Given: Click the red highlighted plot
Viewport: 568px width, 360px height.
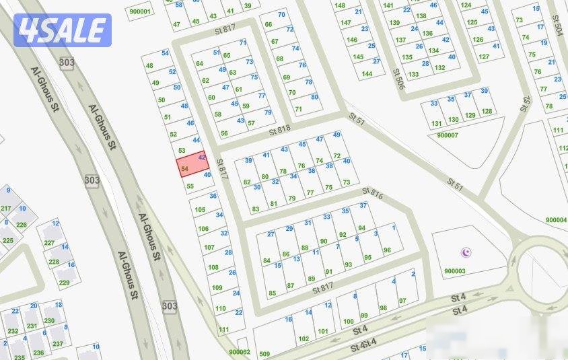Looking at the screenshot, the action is click(192, 165).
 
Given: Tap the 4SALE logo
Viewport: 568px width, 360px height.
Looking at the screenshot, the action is click(63, 30).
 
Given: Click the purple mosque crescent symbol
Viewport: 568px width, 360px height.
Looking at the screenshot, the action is click(465, 253).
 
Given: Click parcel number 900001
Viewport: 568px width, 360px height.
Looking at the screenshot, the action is click(140, 11).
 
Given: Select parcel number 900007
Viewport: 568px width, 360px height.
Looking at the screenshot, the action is click(447, 135).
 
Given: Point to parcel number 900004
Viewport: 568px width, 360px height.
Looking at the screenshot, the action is click(556, 220).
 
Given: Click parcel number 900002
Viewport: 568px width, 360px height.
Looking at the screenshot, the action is click(239, 351).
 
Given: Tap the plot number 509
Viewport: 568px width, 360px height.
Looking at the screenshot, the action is click(264, 354).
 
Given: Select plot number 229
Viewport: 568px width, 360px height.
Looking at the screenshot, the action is click(64, 283).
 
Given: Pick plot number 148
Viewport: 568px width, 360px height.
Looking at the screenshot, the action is click(340, 5).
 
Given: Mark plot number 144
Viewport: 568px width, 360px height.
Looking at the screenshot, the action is click(367, 73).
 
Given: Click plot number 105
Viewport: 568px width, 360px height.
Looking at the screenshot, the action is click(200, 210).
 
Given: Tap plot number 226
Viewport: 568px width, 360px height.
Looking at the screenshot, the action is click(21, 225).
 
